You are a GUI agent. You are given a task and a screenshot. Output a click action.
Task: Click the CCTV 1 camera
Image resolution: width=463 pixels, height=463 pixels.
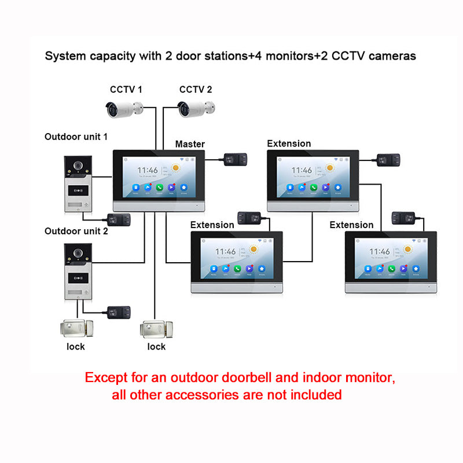[124, 108]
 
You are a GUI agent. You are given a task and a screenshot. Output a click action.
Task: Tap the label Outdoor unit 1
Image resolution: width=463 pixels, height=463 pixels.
[76, 137]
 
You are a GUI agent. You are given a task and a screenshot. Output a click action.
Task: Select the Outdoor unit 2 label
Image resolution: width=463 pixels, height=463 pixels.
[76, 231]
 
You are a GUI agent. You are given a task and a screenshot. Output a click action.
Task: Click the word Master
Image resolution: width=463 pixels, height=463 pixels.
[190, 144]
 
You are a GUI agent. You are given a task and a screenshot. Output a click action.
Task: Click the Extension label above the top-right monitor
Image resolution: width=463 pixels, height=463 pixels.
[289, 144]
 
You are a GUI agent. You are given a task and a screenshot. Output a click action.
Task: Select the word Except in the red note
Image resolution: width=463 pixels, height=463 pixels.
[108, 379]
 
